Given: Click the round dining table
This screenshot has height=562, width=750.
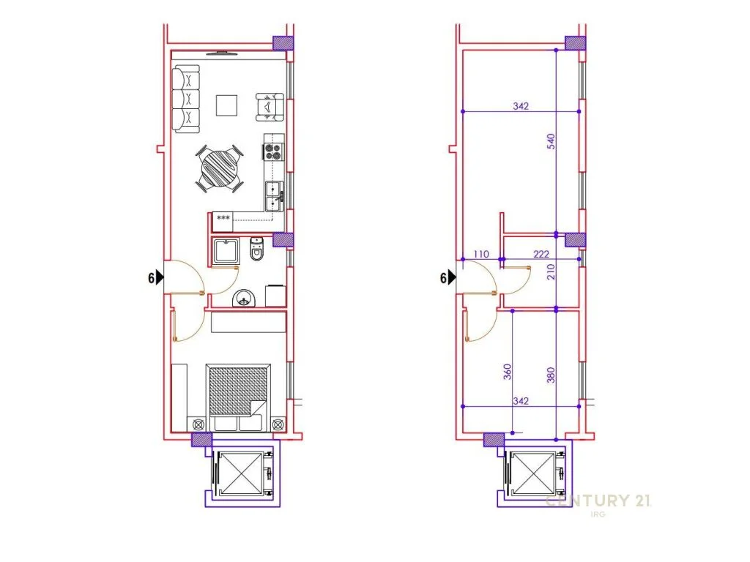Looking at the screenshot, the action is pyautogui.click(x=220, y=169).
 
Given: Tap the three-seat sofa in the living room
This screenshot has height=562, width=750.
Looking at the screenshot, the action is pyautogui.click(x=185, y=100).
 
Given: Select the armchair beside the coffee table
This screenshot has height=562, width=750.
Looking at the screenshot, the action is pyautogui.click(x=270, y=107).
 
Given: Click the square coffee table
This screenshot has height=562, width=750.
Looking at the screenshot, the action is pyautogui.click(x=226, y=105).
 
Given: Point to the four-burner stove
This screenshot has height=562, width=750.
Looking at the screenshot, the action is pyautogui.click(x=274, y=151).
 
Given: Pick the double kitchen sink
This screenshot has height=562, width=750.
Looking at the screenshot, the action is pyautogui.click(x=275, y=196).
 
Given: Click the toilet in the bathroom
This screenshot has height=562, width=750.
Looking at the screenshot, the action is pyautogui.click(x=257, y=249).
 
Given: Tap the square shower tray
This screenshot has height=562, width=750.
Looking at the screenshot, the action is pyautogui.click(x=226, y=252).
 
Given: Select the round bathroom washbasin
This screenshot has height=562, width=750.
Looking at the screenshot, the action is pyautogui.click(x=244, y=299).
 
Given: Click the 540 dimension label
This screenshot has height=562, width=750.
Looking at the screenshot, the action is pyautogui.click(x=551, y=141).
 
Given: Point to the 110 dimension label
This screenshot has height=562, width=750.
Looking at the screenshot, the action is pyautogui.click(x=481, y=254).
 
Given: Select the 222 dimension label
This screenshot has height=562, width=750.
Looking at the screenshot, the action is pyautogui.click(x=541, y=254).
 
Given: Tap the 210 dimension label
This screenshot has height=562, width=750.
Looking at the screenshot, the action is pyautogui.click(x=551, y=271).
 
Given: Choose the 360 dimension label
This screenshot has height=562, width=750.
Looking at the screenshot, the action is pyautogui.click(x=508, y=372).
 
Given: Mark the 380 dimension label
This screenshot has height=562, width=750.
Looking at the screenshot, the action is pyautogui.click(x=551, y=375).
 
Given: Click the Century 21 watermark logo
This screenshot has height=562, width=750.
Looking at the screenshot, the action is pyautogui.click(x=598, y=501).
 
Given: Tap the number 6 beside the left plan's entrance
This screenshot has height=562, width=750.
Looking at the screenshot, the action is pyautogui.click(x=151, y=277).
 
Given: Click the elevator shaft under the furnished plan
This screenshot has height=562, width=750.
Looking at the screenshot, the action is pyautogui.click(x=242, y=474).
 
